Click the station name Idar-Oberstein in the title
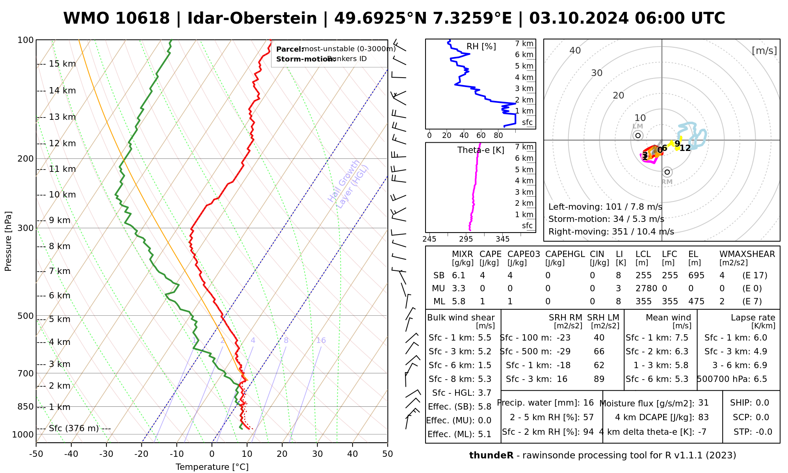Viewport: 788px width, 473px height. (252, 19)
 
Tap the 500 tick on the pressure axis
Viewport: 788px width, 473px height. (26, 316)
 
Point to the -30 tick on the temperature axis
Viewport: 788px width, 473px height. (106, 454)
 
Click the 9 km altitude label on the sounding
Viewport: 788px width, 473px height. (59, 220)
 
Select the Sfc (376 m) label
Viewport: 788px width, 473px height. (74, 428)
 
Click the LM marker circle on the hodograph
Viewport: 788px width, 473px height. (638, 136)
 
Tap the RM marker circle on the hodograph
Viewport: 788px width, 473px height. (667, 172)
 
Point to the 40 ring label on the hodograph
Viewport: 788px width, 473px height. (575, 50)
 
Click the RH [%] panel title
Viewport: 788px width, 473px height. (481, 47)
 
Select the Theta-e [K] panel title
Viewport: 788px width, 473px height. (481, 150)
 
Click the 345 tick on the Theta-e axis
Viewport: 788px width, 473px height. (502, 239)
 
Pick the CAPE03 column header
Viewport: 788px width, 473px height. (524, 254)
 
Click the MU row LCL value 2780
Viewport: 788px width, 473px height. (646, 289)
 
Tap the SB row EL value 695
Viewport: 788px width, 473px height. (696, 276)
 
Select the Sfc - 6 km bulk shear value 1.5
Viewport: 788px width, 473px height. (485, 365)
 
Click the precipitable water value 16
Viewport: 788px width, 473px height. (588, 403)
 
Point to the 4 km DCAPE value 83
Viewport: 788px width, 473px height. (703, 417)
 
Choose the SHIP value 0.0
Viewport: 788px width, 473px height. (762, 403)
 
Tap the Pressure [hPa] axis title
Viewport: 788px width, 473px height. (8, 241)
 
